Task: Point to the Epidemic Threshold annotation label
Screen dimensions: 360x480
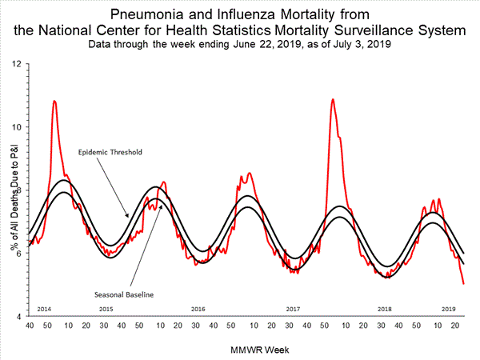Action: [109, 151]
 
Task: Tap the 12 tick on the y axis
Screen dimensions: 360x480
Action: [17, 62]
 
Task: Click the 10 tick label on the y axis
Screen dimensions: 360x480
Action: [17, 126]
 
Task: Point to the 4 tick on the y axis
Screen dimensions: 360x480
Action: [19, 316]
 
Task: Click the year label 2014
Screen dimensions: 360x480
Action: [44, 308]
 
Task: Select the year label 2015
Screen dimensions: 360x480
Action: [106, 308]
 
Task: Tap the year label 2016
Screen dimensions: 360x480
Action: [198, 308]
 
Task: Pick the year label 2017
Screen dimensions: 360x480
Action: [292, 308]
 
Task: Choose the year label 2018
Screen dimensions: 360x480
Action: [385, 308]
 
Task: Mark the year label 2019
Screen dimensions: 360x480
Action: [449, 308]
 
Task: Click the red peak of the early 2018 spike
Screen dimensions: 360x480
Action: [333, 99]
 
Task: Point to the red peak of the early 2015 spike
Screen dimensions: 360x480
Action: [54, 101]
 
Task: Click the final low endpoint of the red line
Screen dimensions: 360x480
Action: [464, 283]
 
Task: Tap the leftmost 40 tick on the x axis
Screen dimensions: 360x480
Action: [29, 326]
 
